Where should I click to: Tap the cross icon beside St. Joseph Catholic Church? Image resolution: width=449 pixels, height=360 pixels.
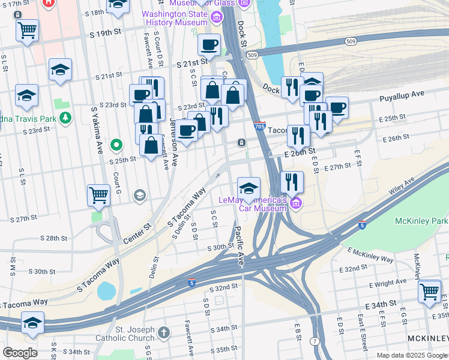[x=164, y=332]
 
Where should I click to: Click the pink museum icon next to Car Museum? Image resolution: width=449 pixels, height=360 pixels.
[x=295, y=204]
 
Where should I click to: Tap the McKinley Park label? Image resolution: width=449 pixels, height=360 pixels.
[x=421, y=221]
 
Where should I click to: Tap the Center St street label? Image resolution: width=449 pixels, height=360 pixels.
[x=139, y=230]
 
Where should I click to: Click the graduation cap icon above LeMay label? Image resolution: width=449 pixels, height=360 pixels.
[x=249, y=188]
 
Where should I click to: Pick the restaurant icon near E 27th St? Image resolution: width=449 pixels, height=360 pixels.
[x=292, y=181]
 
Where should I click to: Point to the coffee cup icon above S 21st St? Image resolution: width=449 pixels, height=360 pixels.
[x=209, y=44]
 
